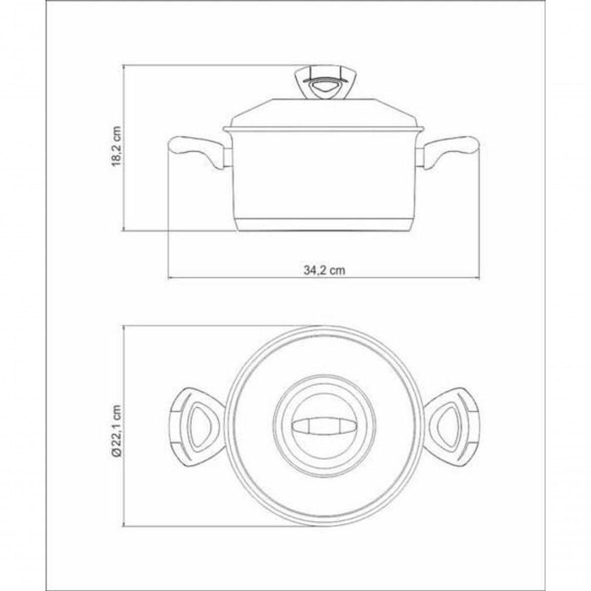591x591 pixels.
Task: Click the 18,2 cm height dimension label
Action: pyautogui.click(x=116, y=148)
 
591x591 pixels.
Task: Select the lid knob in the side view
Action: pyautogui.click(x=324, y=85)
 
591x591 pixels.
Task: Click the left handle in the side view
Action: pyautogui.click(x=193, y=150)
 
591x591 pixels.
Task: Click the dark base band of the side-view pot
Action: pyautogui.click(x=324, y=225)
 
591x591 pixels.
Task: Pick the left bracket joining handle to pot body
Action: pyautogui.click(x=226, y=157)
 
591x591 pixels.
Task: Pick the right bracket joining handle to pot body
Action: pyautogui.click(x=421, y=157)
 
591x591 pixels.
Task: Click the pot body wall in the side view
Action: pyautogui.click(x=324, y=177)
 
